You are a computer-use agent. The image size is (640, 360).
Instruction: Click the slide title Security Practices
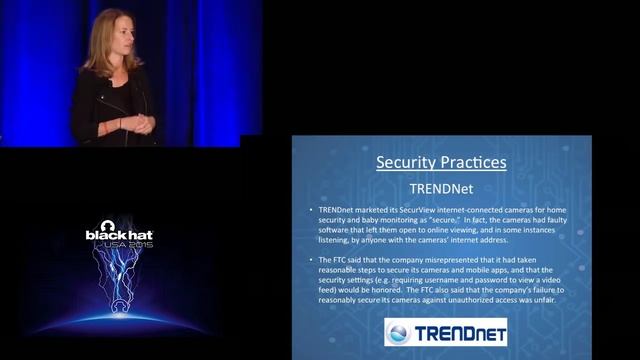click(441, 162)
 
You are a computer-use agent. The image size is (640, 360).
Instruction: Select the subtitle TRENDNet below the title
click(441, 187)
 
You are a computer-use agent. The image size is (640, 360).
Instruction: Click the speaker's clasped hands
click(143, 123)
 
